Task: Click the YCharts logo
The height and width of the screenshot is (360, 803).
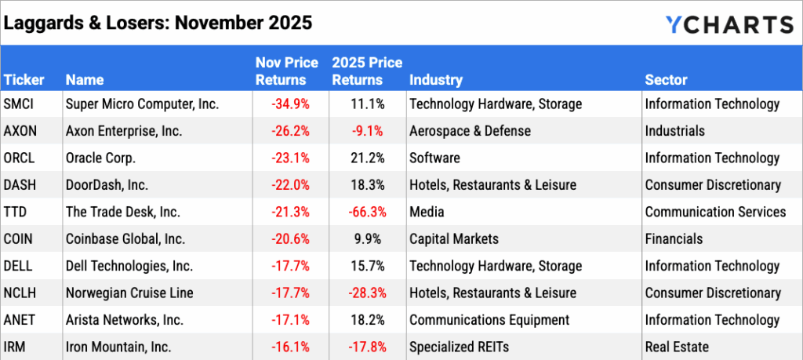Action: coord(729,24)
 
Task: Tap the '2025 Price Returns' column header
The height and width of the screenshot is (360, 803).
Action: coord(367,71)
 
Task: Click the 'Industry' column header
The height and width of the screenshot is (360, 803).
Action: coord(435,80)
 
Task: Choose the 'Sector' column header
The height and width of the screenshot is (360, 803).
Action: coord(666,80)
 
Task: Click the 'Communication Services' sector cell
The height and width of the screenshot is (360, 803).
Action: coord(714,212)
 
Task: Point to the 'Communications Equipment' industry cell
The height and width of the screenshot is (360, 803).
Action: coord(489,320)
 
